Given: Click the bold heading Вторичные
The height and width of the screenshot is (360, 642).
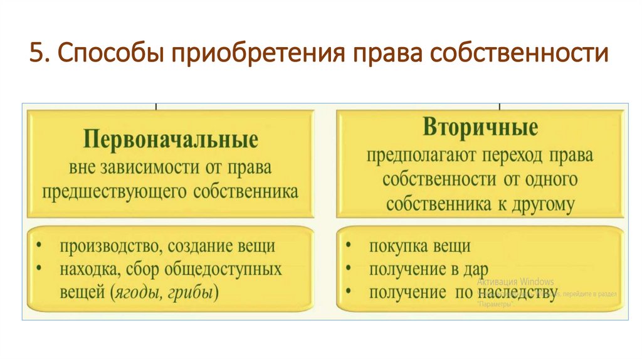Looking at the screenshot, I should (480, 127).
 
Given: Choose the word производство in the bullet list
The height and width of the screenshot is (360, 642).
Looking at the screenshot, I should (107, 246).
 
